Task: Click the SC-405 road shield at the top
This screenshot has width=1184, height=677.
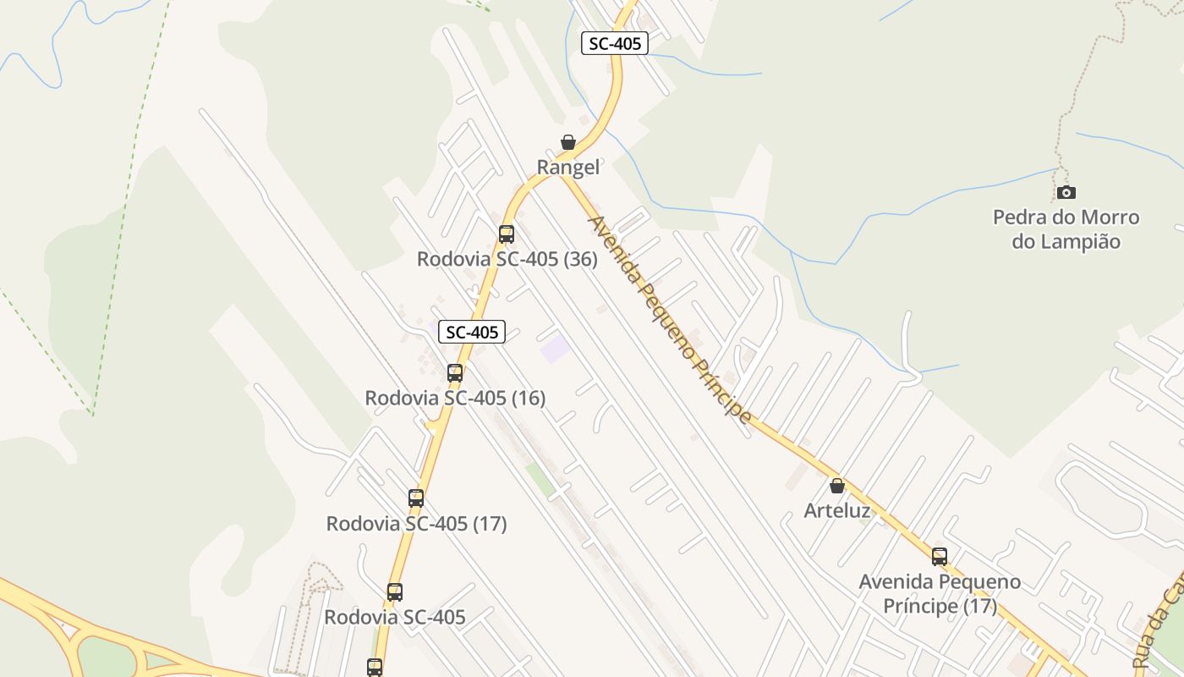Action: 615,43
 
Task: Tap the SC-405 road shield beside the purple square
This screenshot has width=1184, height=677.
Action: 472,333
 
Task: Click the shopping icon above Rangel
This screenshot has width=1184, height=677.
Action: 568,142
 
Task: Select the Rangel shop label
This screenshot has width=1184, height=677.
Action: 568,168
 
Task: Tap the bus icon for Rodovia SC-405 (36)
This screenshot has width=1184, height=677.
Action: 507,234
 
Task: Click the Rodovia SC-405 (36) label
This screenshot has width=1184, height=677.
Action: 507,259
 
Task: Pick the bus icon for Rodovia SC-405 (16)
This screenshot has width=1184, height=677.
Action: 455,372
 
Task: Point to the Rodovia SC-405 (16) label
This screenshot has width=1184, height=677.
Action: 455,397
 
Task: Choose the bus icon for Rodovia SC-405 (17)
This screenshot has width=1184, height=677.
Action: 416,498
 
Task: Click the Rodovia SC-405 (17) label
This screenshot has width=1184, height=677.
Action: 416,524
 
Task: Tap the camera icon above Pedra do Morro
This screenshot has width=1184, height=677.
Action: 1066,193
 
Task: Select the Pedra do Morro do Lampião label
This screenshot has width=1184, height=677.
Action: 1066,229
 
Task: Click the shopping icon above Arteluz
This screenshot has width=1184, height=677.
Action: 837,486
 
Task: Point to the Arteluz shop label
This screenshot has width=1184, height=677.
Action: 837,510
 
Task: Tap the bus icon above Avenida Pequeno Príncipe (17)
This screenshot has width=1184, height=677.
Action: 940,557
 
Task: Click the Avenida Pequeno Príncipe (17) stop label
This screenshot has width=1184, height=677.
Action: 940,594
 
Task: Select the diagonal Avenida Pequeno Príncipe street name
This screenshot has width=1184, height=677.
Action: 670,319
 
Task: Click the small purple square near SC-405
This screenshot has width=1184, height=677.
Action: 555,348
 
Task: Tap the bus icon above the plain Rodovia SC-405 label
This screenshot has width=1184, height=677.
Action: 395,592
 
